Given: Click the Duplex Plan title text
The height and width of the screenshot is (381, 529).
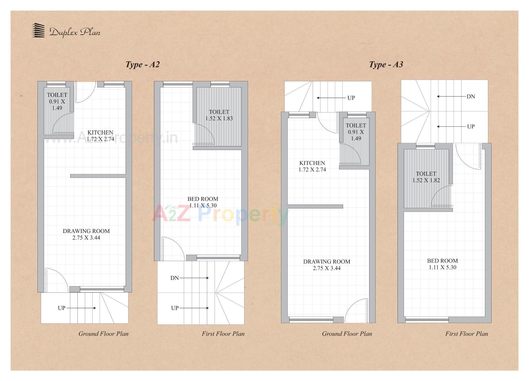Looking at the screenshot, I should (x=75, y=32).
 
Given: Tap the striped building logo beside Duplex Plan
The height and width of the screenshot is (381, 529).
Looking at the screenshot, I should (x=38, y=30).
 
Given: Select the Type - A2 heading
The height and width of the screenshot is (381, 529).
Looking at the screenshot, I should (x=142, y=65).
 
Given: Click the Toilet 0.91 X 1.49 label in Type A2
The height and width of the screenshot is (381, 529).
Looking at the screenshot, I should (x=57, y=101).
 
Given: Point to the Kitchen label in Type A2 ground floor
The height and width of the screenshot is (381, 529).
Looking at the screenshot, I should (x=100, y=136).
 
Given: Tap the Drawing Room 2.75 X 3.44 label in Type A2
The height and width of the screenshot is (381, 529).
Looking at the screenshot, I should (x=86, y=234).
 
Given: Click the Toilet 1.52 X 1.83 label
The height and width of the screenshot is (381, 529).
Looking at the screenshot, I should (x=219, y=115).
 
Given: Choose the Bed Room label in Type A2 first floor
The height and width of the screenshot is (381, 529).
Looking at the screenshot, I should (x=203, y=202).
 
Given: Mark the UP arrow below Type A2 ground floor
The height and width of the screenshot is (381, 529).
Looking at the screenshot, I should (x=81, y=308).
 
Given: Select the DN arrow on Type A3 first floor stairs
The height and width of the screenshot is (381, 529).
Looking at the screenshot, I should (x=452, y=96).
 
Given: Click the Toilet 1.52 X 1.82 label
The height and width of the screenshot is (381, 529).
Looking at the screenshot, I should (x=426, y=177).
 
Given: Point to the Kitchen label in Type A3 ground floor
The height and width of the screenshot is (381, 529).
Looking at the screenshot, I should (x=312, y=166).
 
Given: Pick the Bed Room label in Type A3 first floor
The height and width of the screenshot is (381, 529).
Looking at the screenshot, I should (x=442, y=264).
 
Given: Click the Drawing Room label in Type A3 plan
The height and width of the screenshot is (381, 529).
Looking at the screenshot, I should (x=327, y=265).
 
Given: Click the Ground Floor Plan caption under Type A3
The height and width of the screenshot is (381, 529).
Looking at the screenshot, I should (x=347, y=334).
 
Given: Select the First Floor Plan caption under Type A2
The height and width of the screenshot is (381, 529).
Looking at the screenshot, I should (x=223, y=334).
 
